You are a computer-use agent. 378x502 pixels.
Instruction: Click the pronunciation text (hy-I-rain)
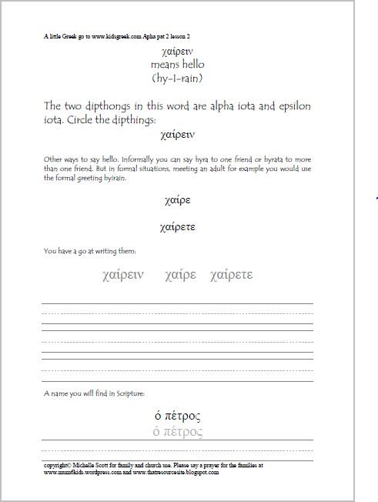178,78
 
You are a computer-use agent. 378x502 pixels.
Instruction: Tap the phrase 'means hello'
178,65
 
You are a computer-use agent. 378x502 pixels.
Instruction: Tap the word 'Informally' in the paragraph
124,159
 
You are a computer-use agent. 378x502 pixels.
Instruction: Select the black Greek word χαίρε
178,201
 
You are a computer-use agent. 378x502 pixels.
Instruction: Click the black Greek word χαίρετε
178,227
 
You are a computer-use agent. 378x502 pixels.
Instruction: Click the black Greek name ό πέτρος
178,417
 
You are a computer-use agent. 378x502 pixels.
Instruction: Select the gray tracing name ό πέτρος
178,431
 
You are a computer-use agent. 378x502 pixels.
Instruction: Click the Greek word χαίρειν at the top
178,51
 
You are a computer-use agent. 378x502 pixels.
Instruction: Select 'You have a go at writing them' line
90,250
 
